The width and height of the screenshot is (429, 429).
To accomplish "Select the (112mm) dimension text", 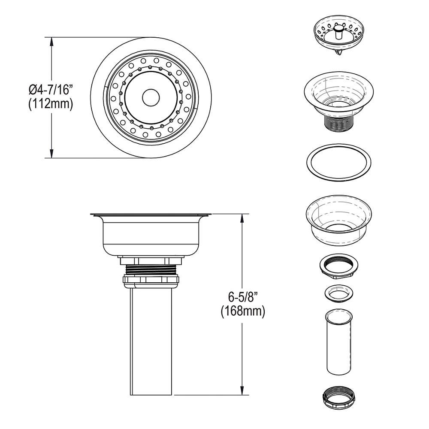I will pyautogui.click(x=50, y=104).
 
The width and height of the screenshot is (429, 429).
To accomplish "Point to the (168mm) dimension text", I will pyautogui.click(x=243, y=311).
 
